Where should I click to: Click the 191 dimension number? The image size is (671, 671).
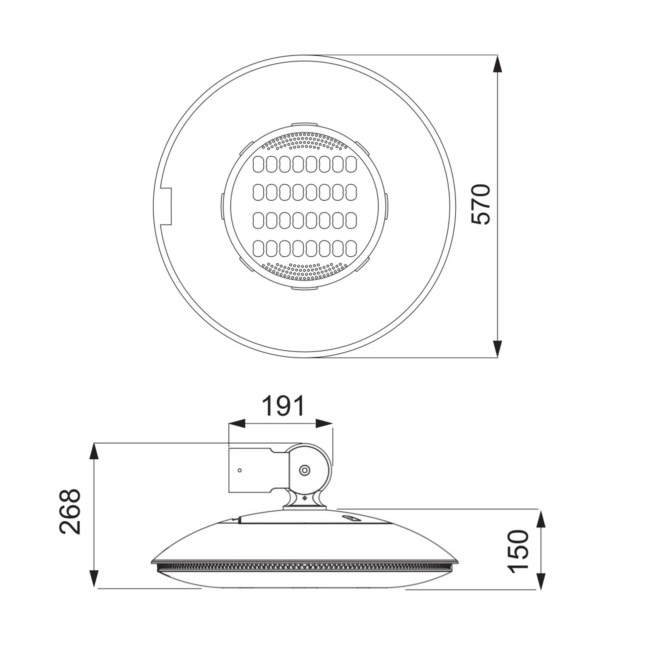point(283,406)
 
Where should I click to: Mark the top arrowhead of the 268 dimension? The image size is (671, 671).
point(94,452)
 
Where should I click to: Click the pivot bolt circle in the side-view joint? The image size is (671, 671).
point(305,471)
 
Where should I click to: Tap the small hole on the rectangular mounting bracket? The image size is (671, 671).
point(239,470)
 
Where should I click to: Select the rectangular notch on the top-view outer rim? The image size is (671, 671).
point(166,207)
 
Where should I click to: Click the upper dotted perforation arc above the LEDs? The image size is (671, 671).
point(305,141)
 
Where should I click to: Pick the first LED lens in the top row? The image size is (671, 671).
point(258,164)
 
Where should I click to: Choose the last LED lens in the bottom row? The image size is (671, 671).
point(351,248)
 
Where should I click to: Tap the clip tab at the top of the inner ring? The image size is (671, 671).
point(305,124)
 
